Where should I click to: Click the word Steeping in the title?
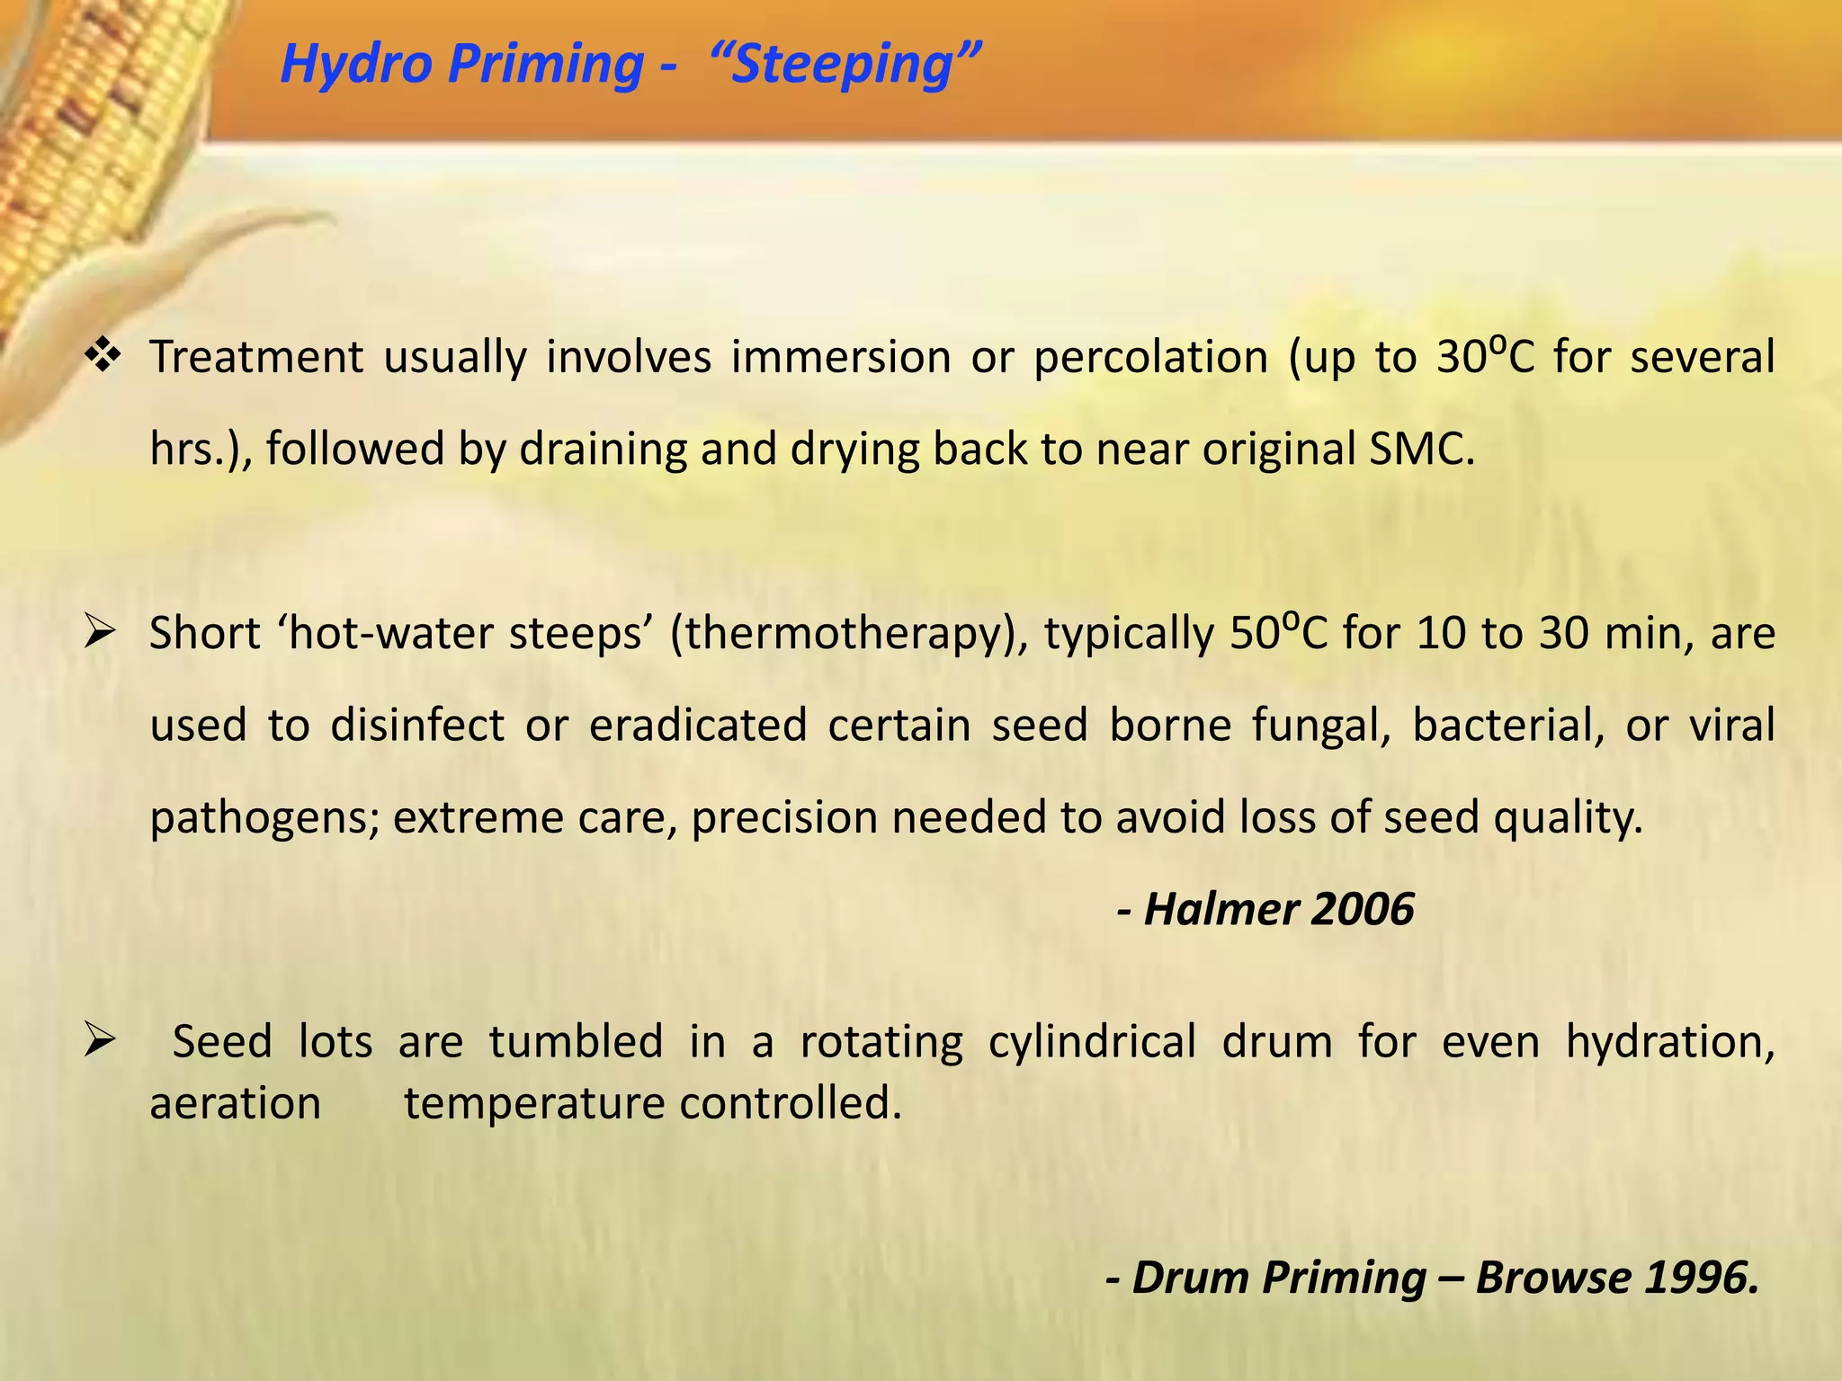point(843,65)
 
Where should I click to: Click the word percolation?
point(1150,358)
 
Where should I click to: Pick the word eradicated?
point(698,725)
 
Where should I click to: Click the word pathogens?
point(264,818)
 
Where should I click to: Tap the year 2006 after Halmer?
point(1362,909)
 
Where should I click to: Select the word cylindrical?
point(1092,1042)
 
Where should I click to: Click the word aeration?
point(235,1103)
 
